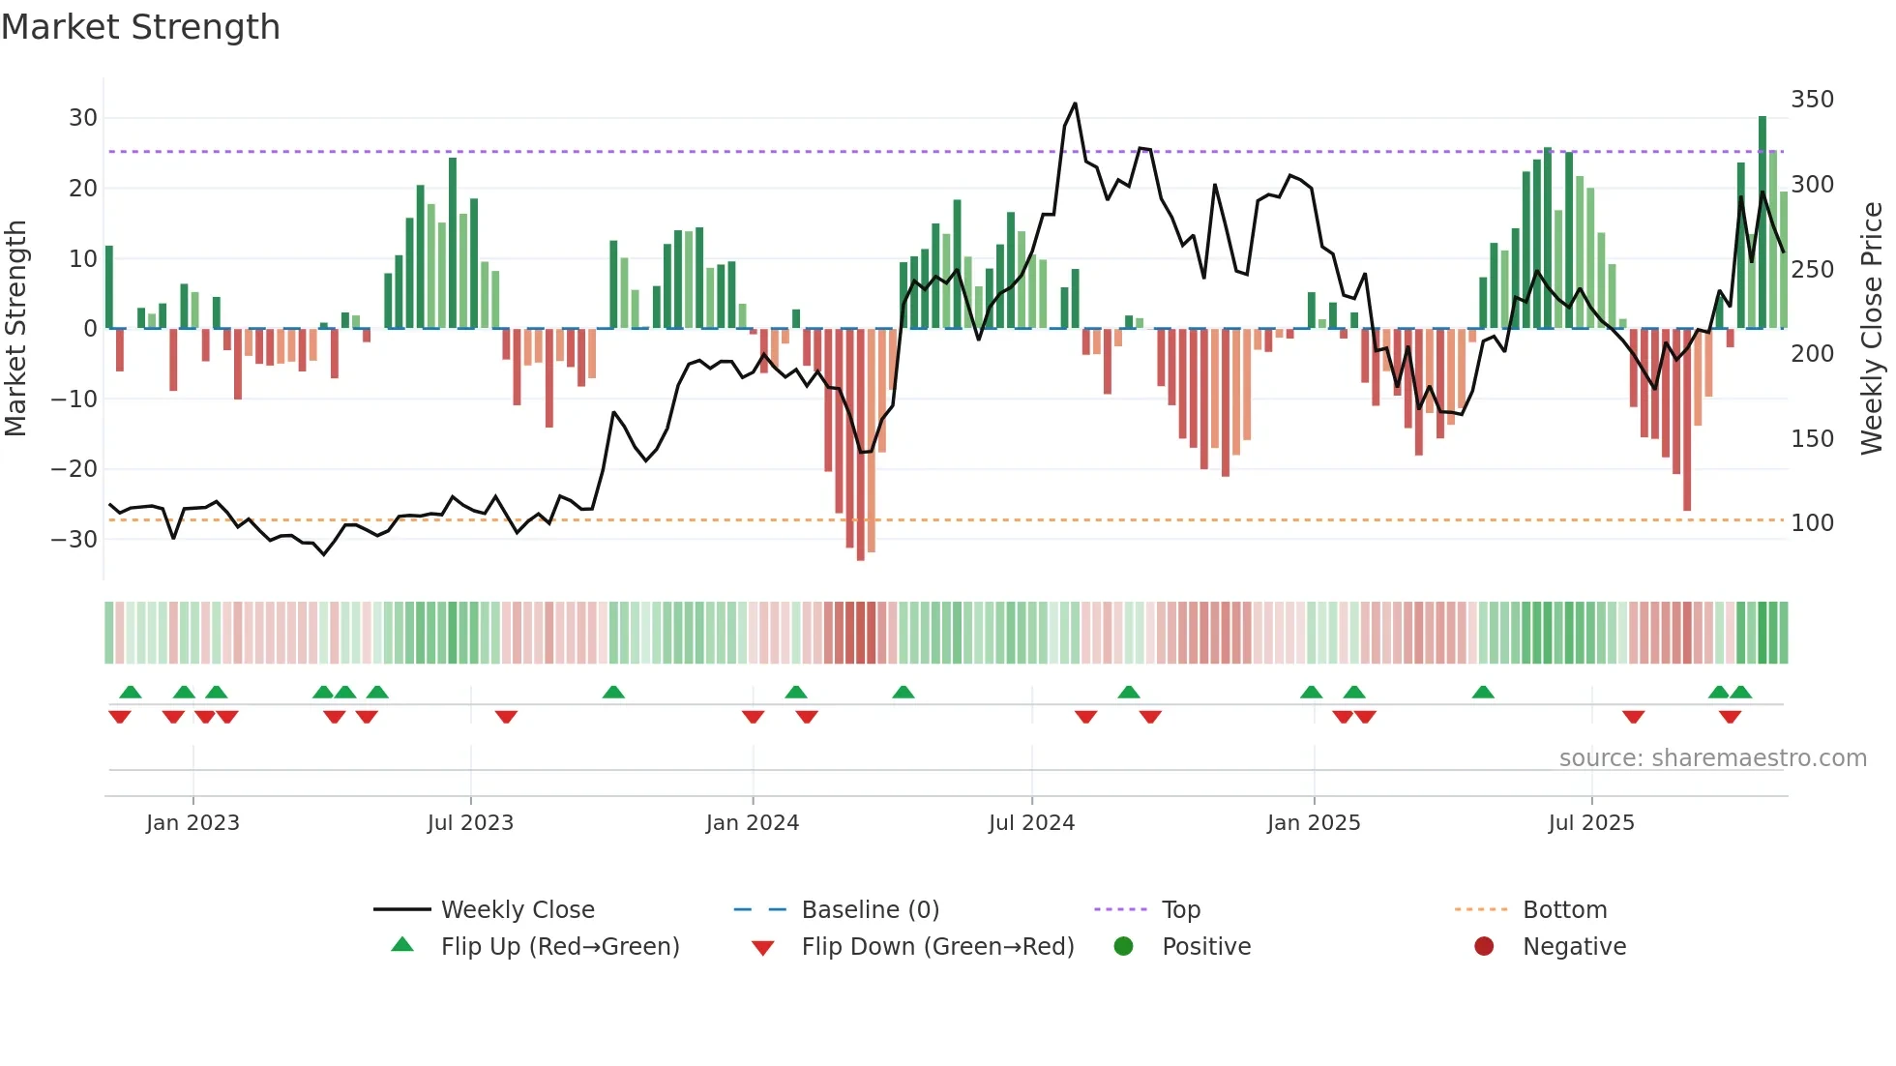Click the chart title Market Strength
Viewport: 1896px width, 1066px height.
coord(140,27)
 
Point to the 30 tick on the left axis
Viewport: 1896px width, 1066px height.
coord(83,118)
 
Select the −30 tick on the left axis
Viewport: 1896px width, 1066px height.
coord(75,539)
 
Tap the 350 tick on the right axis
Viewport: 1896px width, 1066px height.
coord(1812,100)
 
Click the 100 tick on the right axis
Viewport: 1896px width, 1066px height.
coord(1812,523)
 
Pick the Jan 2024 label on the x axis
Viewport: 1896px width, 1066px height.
coord(752,823)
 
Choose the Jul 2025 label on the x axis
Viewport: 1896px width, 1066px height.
coord(1590,823)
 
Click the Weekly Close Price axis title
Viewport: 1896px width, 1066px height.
coord(1872,329)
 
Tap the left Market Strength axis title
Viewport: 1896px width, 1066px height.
coord(15,329)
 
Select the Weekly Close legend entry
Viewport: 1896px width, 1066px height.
coord(518,910)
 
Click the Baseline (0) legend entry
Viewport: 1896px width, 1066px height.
coord(870,910)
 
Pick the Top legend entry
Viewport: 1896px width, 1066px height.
coord(1180,910)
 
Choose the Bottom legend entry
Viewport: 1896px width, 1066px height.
coord(1564,910)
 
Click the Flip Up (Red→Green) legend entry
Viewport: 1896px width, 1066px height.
coord(559,947)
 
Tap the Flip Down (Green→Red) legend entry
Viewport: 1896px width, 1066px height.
coord(936,947)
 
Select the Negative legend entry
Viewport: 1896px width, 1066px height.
coord(1574,947)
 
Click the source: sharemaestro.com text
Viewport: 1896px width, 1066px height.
coord(1712,758)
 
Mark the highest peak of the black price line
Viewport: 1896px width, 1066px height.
coord(1075,104)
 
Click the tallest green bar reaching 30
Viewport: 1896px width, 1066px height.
coord(1763,222)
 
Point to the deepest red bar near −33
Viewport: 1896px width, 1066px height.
coord(861,445)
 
